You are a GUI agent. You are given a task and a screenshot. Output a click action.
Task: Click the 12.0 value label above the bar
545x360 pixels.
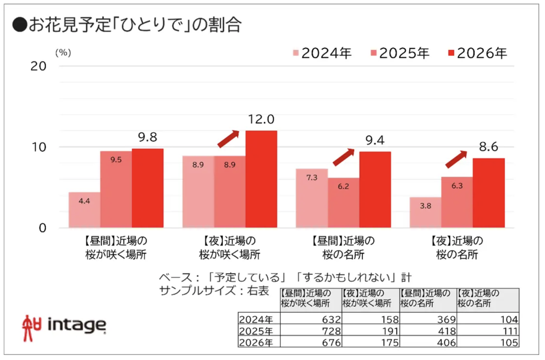(x=261, y=119)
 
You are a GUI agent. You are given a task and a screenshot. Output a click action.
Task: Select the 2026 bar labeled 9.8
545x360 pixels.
(x=147, y=188)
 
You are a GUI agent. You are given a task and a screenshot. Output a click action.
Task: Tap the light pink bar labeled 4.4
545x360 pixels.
(x=84, y=210)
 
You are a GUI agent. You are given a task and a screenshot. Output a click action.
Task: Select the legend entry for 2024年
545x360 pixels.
(x=322, y=53)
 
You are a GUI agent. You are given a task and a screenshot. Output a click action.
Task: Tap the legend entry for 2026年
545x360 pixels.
(x=478, y=53)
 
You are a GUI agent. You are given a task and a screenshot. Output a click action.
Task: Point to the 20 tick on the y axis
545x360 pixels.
(x=38, y=66)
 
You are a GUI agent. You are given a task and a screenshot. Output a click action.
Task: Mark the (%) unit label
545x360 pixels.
(x=63, y=53)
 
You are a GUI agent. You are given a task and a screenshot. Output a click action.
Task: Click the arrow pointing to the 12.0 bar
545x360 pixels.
(x=228, y=139)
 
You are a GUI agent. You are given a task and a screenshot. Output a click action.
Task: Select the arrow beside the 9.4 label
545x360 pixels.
(x=343, y=157)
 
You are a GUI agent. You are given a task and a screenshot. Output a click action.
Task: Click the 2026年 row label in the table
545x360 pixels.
(x=256, y=342)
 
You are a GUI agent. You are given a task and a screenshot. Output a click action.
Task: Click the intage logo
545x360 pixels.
(x=64, y=327)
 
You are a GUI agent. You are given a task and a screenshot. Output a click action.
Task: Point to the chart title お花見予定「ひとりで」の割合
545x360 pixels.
(x=127, y=25)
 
